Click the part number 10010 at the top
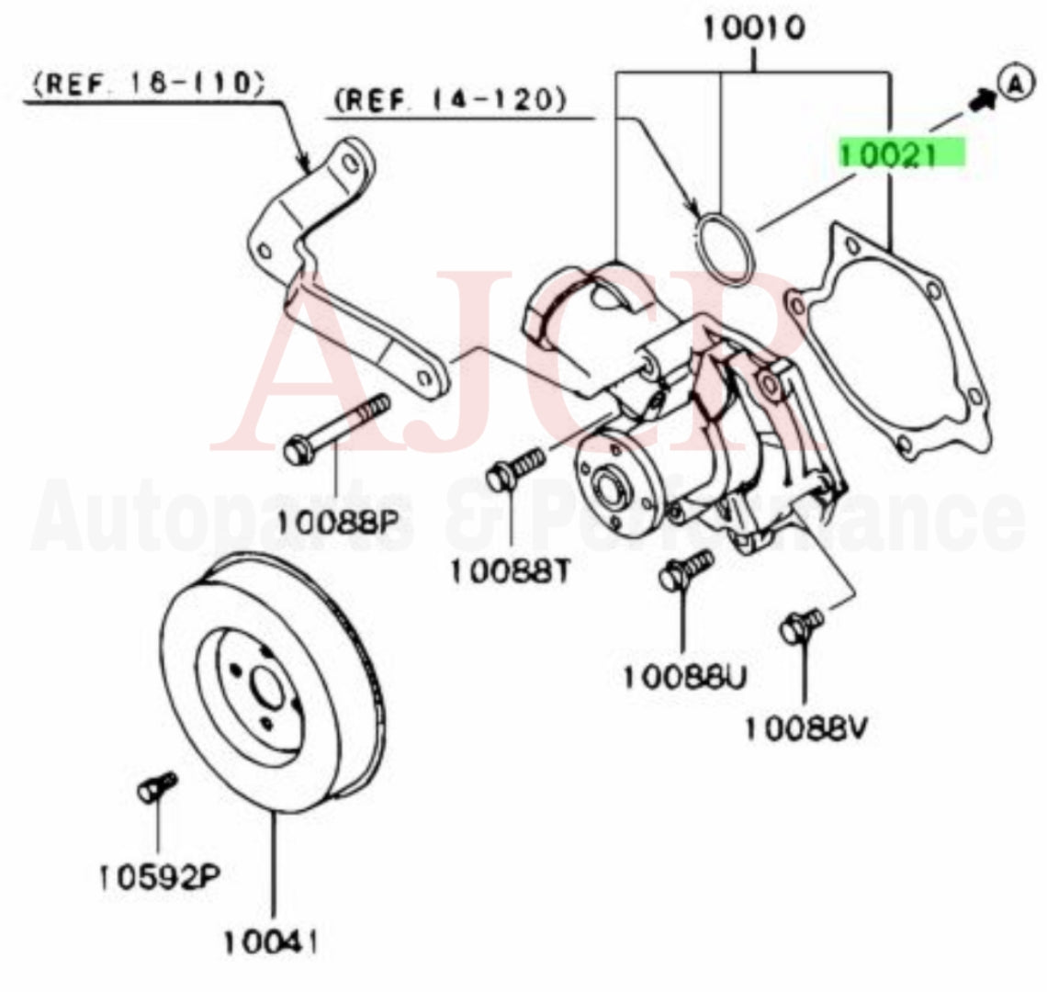[754, 28]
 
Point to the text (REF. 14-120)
[449, 98]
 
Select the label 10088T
[511, 571]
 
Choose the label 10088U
[685, 678]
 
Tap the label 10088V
[805, 727]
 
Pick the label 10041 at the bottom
[273, 941]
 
